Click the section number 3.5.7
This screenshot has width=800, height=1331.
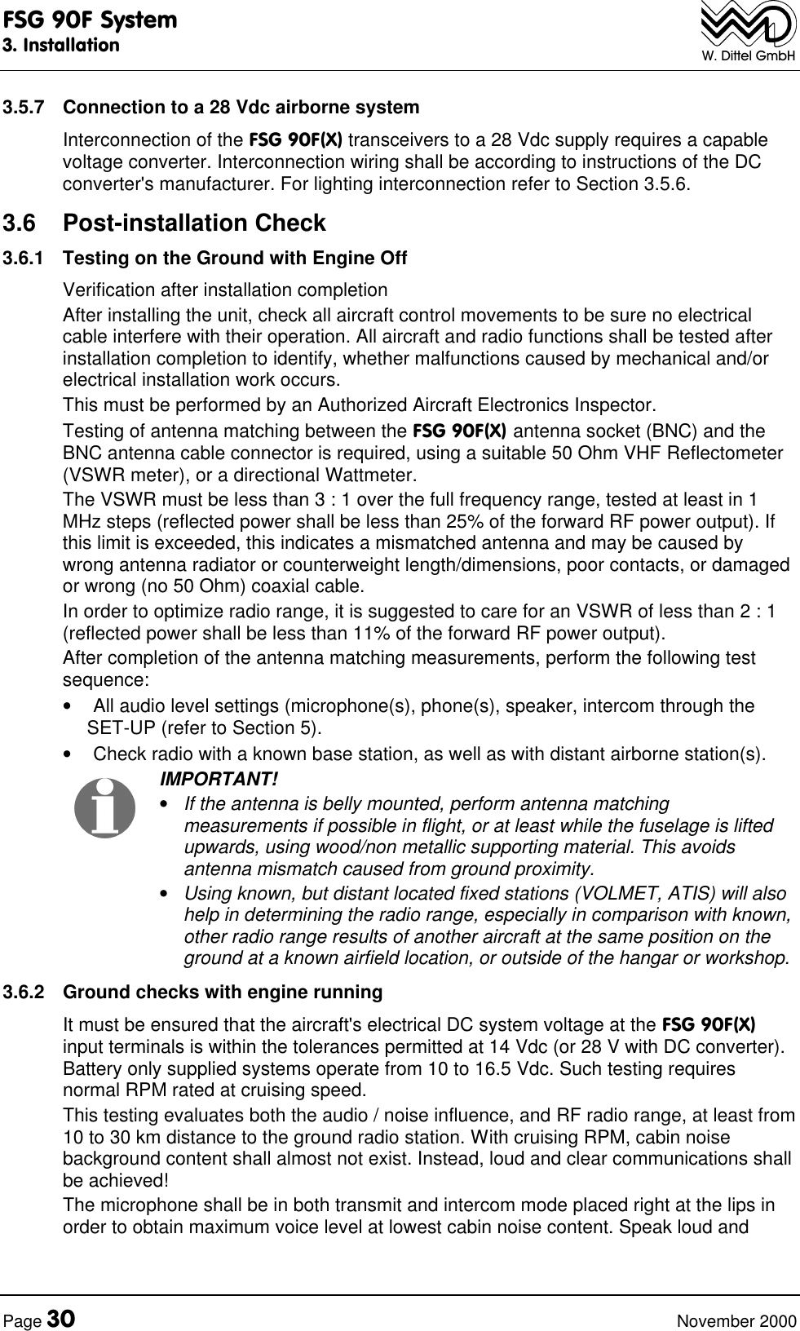click(22, 108)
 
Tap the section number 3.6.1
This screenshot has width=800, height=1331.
click(22, 259)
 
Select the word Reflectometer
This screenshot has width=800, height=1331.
click(730, 453)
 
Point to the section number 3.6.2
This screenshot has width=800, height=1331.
click(22, 993)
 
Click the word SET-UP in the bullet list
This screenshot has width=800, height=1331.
click(115, 727)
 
